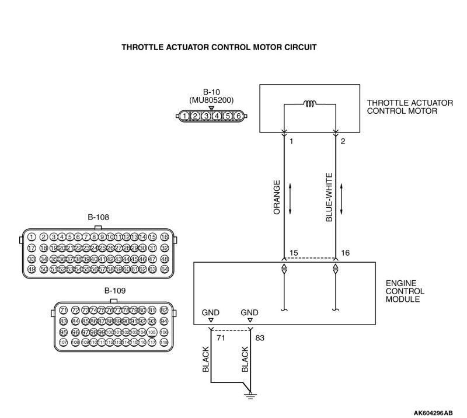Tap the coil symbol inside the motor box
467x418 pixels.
tap(309, 105)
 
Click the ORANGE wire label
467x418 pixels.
tap(277, 198)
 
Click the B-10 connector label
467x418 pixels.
tap(211, 92)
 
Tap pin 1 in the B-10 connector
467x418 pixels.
tap(184, 116)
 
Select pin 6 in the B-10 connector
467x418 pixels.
tap(238, 116)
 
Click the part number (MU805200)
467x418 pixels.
tap(211, 100)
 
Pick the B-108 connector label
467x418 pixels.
tap(99, 217)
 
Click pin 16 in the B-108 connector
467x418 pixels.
tap(164, 237)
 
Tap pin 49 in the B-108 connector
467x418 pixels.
tap(32, 269)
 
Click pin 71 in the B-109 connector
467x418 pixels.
tap(64, 309)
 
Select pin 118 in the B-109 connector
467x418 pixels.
tap(164, 342)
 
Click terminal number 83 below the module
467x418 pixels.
tap(260, 337)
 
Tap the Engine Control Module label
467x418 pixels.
tap(405, 291)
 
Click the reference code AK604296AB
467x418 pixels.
tap(433, 413)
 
